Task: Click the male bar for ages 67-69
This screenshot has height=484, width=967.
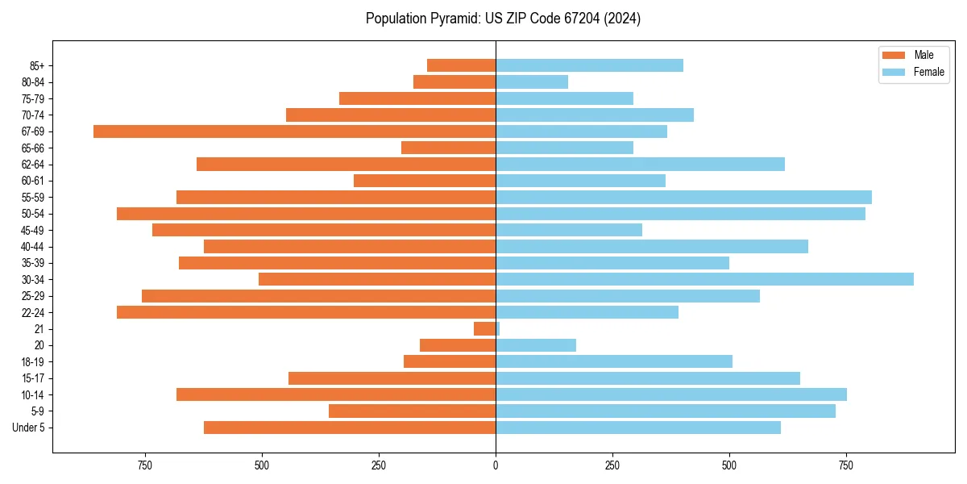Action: coord(294,131)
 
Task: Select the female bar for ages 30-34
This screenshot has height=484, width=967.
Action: coord(704,279)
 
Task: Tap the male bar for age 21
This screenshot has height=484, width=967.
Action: coord(484,329)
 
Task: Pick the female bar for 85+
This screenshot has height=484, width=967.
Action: coord(589,65)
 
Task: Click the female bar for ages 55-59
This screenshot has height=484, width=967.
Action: coord(683,197)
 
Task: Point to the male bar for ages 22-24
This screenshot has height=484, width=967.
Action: coord(306,312)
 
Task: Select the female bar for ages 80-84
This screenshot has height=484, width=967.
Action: coord(532,82)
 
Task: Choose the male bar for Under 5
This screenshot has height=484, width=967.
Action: coord(350,428)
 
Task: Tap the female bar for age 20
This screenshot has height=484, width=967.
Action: coord(536,345)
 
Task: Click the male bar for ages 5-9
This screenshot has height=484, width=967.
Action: coord(412,411)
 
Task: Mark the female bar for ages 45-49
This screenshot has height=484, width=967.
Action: coord(569,230)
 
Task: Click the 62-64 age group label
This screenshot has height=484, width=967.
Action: coord(33,165)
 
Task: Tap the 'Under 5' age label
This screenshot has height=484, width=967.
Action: coord(29,428)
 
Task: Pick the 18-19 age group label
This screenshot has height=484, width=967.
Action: coord(33,362)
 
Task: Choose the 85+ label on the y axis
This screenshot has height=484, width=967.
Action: coord(36,65)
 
